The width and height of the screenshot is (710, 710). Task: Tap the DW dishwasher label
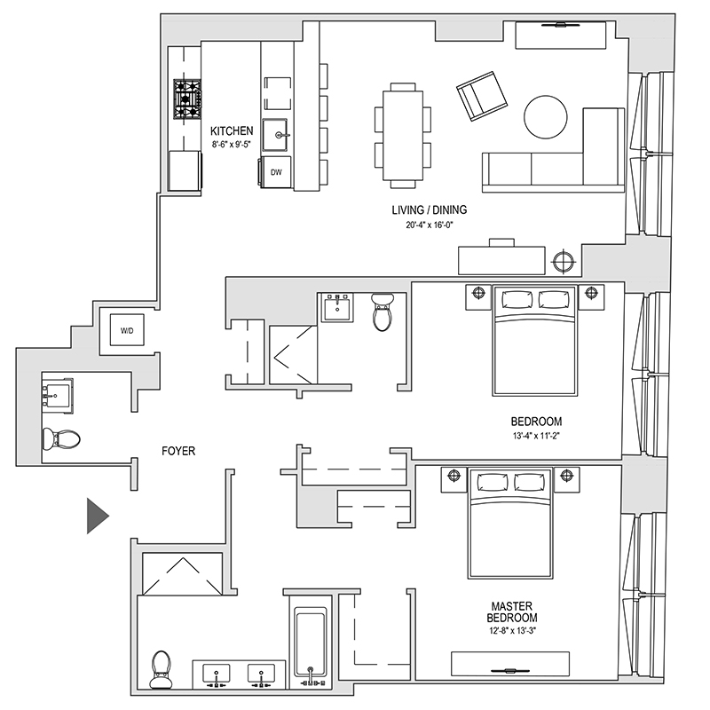tap(276, 171)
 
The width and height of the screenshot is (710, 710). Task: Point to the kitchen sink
tap(280, 135)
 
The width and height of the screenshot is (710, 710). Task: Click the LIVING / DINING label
tap(430, 210)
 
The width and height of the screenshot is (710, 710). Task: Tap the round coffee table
tap(546, 116)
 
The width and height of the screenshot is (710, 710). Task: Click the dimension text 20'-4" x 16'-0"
tap(430, 225)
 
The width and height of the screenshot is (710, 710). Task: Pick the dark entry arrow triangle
tap(96, 516)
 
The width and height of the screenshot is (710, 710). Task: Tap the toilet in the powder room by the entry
tap(61, 438)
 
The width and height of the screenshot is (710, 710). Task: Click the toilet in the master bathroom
tap(162, 667)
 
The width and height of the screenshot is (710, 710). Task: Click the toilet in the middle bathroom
tap(383, 312)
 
